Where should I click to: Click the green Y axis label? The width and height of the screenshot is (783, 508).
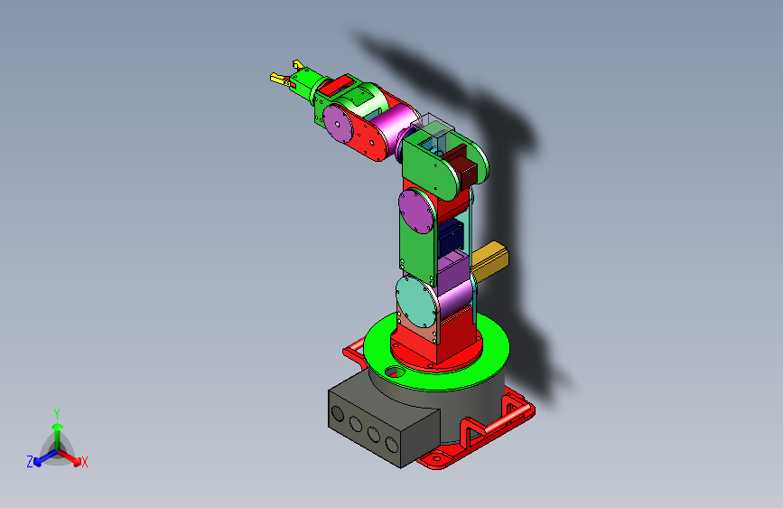[57, 411]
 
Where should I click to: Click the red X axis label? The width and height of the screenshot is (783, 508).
[85, 462]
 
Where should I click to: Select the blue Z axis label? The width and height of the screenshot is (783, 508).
[30, 462]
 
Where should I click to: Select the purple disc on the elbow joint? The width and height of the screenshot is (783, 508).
[416, 212]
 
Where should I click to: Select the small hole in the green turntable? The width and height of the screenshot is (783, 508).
[392, 371]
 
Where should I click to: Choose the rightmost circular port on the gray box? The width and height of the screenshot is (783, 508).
[391, 444]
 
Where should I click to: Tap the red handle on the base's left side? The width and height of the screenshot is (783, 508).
[352, 353]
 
